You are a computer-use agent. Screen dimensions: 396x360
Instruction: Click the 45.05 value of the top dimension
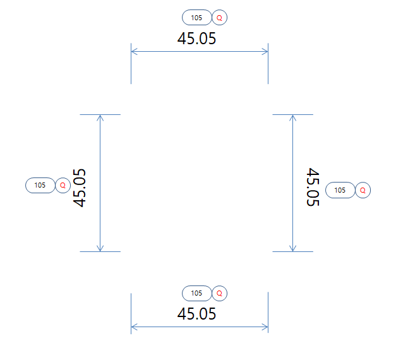coord(196,39)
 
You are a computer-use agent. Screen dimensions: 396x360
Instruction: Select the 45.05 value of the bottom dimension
coord(196,314)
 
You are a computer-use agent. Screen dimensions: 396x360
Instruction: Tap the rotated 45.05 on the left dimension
coord(80,188)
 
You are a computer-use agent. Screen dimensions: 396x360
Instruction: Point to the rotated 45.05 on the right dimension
coord(312,187)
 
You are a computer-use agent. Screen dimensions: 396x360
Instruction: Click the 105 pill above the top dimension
coord(196,18)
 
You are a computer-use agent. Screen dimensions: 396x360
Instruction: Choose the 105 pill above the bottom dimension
coord(196,293)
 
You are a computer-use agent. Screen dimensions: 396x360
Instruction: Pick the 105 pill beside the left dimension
coord(40,185)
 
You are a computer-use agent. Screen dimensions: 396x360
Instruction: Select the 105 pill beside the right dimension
coord(340,189)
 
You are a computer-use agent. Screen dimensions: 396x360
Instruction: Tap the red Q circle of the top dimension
coord(219,18)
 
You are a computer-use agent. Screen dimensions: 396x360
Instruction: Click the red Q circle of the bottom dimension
coord(219,293)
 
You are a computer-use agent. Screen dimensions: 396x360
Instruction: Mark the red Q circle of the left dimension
coord(63,185)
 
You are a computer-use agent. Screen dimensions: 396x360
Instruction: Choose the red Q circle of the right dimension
coord(363,189)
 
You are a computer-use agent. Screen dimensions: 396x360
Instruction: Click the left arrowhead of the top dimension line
coord(133,52)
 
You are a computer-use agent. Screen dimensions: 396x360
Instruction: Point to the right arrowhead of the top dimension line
coord(266,52)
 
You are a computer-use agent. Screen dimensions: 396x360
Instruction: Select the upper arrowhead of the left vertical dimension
coord(100,117)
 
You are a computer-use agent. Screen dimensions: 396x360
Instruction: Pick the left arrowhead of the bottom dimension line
coord(133,327)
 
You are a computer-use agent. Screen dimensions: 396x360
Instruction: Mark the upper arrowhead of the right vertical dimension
coord(292,117)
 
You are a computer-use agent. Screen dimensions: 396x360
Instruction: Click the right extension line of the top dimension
coord(268,69)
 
